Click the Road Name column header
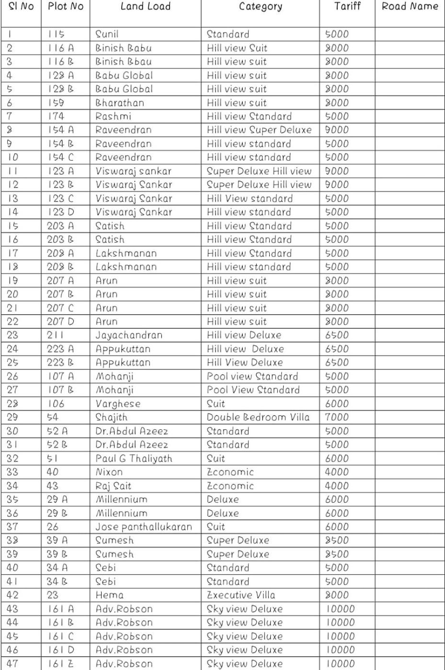410,7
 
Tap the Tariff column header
347,7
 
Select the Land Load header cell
145,7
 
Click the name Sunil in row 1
107,34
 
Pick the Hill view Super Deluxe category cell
259,130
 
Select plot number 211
55,335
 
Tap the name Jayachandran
128,335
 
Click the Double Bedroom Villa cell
258,417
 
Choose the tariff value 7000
337,417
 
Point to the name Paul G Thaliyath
134,458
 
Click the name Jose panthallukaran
143,527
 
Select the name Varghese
118,404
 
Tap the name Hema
109,595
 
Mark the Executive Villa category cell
240,595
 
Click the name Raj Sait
113,486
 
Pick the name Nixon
109,472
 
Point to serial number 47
12,664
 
